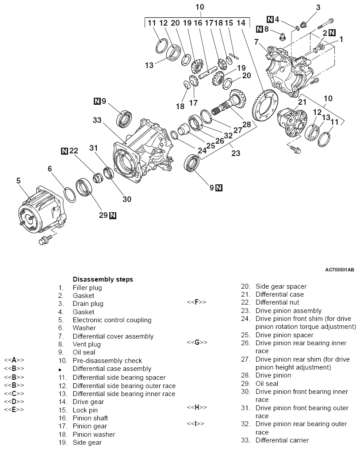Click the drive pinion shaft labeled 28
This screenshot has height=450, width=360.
pos(229,103)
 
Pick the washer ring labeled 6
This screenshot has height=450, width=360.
pos(70,194)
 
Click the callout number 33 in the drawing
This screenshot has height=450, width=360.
pos(97,120)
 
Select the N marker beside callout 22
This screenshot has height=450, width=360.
pos(65,151)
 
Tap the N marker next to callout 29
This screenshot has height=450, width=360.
pos(113,216)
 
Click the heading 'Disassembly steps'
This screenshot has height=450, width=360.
pos(103,279)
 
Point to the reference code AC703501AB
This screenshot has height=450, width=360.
pos(340,270)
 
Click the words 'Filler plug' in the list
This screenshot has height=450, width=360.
pos(87,288)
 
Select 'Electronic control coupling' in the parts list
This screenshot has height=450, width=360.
pos(112,320)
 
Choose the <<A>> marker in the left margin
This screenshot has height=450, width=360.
pos(14,360)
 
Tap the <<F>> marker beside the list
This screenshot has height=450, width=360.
pos(197,302)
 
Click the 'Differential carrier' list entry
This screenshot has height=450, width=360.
pos(282,440)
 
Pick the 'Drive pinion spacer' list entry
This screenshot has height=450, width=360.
pos(284,335)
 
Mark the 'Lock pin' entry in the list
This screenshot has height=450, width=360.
pos(85,410)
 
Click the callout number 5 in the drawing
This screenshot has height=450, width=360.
pos(19,180)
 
